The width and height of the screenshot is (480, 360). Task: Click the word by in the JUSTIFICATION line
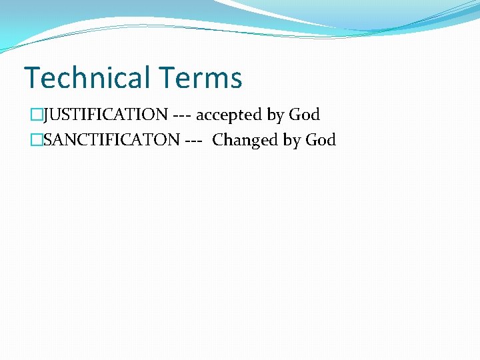pyautogui.click(x=275, y=115)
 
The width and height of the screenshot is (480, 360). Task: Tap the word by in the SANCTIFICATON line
pyautogui.click(x=291, y=141)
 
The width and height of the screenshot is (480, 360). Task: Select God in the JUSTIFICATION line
pyautogui.click(x=304, y=115)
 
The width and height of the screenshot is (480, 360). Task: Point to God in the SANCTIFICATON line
pyautogui.click(x=320, y=140)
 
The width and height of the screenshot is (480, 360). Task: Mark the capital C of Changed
pyautogui.click(x=218, y=140)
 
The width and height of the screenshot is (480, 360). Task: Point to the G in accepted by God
pyautogui.click(x=295, y=115)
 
